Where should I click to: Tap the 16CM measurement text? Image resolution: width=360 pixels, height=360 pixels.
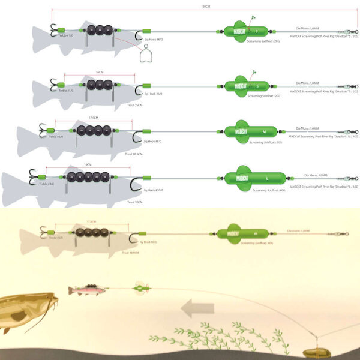click(99, 71)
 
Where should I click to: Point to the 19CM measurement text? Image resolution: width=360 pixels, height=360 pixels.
click(88, 164)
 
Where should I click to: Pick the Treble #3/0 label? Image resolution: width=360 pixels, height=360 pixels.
click(47, 184)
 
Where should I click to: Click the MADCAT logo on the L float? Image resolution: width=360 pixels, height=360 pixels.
click(243, 178)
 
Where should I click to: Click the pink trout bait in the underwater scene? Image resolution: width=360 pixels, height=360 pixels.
click(87, 290)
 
